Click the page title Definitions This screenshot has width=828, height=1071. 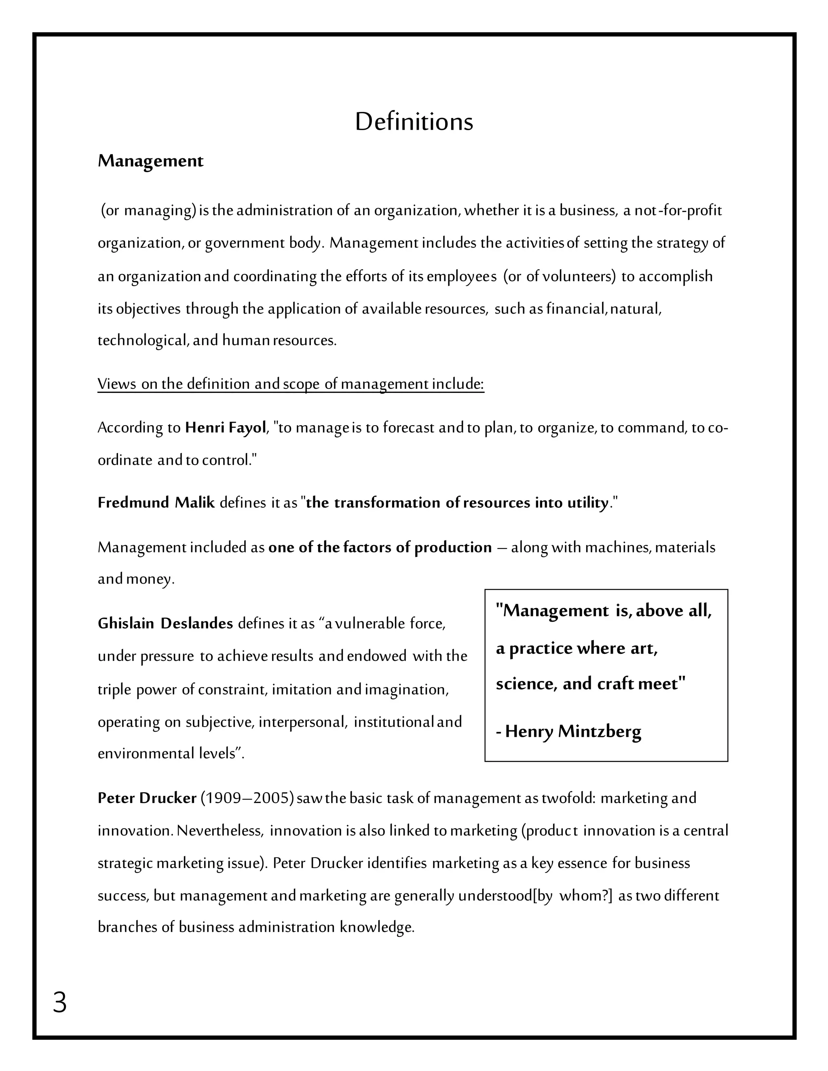coord(414,122)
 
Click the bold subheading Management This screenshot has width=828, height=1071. coord(150,161)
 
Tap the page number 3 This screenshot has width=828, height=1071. coord(59,1002)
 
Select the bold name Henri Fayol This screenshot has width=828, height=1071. coord(225,428)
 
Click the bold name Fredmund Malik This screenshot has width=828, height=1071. coord(156,503)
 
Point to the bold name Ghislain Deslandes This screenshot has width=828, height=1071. coord(165,624)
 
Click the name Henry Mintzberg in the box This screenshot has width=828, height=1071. coord(573,731)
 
